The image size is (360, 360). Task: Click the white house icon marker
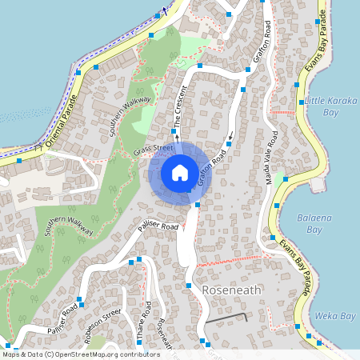(x=180, y=173)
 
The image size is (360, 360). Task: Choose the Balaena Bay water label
(x=309, y=223)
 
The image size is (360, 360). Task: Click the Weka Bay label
(x=335, y=316)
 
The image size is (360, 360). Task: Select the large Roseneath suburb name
(x=231, y=290)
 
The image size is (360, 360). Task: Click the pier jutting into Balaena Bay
(x=318, y=185)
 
